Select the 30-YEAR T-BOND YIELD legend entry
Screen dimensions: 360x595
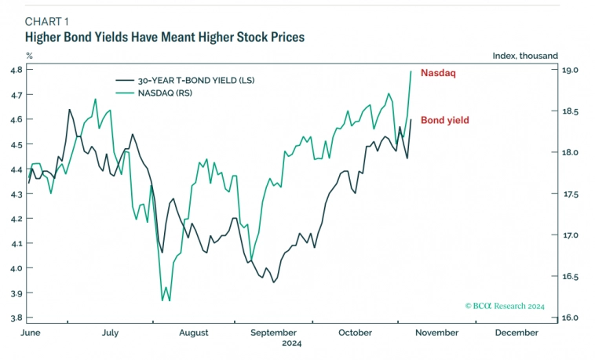[x=196, y=80]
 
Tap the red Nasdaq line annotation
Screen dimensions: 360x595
[x=438, y=73]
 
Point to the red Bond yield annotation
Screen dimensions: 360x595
[x=444, y=120]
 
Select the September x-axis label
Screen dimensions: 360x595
[x=274, y=333]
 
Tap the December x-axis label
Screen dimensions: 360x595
[x=517, y=333]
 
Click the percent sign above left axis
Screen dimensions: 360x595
[x=29, y=56]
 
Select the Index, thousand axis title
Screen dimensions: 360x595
[x=525, y=56]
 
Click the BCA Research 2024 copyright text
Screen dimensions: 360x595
[x=504, y=307]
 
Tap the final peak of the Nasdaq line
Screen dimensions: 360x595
[x=411, y=71]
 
